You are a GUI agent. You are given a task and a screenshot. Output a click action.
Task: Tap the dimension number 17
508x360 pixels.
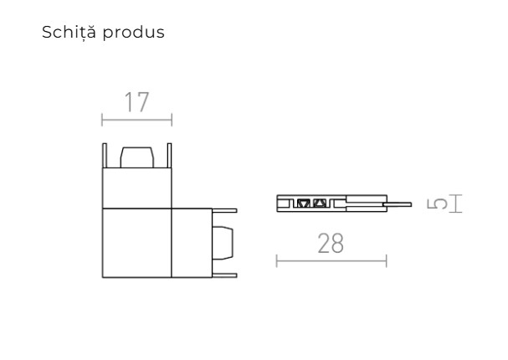coord(136,102)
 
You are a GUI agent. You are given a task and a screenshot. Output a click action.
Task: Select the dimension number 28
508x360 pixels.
coord(331,244)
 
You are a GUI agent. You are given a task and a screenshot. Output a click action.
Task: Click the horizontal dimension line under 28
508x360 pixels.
coord(331,261)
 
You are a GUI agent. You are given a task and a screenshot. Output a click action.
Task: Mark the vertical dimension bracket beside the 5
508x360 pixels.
coord(456,204)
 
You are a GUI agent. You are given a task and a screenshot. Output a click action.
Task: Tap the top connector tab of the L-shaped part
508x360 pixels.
coord(136,157)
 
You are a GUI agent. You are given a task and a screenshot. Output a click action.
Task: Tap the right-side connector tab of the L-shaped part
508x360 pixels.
coord(223,243)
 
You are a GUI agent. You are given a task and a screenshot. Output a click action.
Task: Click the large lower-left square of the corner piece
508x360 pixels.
coord(136,243)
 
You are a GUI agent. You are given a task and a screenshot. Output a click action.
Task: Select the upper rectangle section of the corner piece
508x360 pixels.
coord(136,188)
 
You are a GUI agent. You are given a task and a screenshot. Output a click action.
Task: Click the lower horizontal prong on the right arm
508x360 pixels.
coord(224,275)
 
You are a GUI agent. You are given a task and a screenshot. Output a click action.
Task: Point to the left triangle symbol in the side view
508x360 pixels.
coord(305,203)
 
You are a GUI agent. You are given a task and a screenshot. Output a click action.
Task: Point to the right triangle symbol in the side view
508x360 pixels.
coord(318,203)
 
